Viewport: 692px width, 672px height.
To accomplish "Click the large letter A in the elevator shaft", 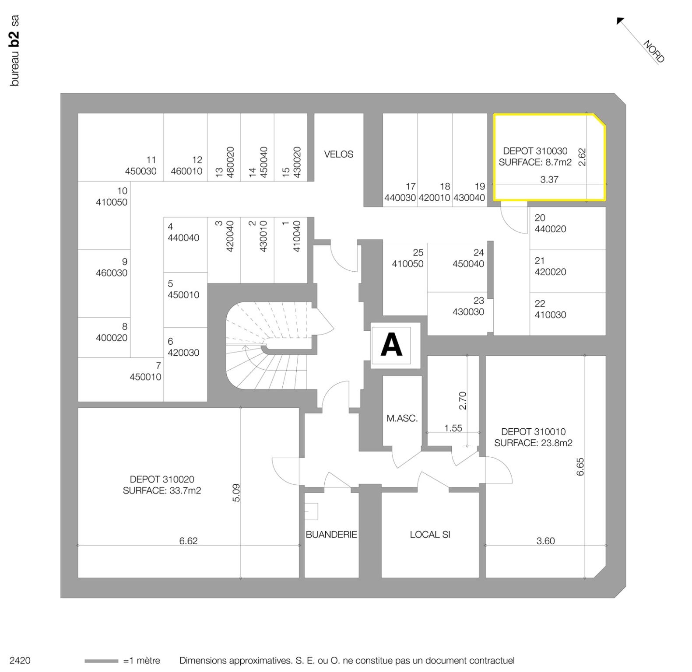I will click(391, 345).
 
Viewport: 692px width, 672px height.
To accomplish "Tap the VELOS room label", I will click(338, 154).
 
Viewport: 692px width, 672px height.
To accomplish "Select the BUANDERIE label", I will click(331, 535).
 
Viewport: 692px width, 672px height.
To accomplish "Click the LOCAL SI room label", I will click(430, 535).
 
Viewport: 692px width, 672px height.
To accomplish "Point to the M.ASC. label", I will click(402, 418).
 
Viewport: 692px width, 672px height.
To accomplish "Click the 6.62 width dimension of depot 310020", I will click(188, 541).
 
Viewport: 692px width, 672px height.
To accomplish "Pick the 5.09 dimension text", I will click(236, 493).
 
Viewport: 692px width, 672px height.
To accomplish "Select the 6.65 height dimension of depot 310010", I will click(580, 467).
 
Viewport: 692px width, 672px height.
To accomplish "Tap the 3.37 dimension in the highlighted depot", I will click(549, 179).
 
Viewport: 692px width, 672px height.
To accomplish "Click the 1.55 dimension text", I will click(453, 428).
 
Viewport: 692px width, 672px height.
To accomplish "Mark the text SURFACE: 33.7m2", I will click(162, 491).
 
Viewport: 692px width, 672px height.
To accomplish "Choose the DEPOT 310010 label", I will click(533, 432).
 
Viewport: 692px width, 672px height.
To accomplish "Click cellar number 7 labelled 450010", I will click(145, 371).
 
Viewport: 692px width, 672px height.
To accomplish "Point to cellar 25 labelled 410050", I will click(408, 259).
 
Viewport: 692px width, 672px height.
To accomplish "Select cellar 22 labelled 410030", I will click(550, 309).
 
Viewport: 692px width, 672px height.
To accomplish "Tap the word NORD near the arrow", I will click(654, 52).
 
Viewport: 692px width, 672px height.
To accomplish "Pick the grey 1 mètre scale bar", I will click(101, 661).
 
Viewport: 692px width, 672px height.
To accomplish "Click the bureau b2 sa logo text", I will click(15, 50).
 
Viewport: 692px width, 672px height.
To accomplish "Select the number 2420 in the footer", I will click(20, 661).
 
